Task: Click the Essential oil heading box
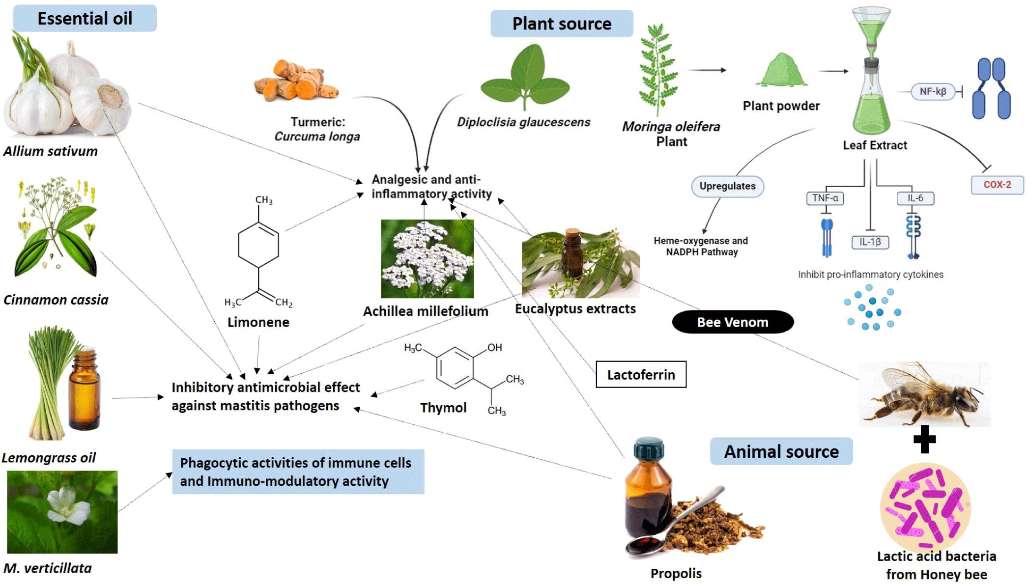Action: pyautogui.click(x=85, y=19)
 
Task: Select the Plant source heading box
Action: pyautogui.click(x=562, y=24)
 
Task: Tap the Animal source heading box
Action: pyautogui.click(x=781, y=451)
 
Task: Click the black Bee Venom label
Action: pyautogui.click(x=733, y=322)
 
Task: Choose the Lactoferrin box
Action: pyautogui.click(x=641, y=375)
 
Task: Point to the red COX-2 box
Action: pyautogui.click(x=997, y=185)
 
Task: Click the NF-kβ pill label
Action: pyautogui.click(x=933, y=91)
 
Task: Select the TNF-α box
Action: pyautogui.click(x=825, y=198)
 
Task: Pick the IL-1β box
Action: pyautogui.click(x=870, y=242)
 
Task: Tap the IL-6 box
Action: pyautogui.click(x=915, y=198)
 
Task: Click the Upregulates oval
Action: pyautogui.click(x=727, y=186)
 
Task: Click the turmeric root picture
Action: pyautogui.click(x=296, y=81)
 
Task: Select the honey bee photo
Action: pyautogui.click(x=924, y=394)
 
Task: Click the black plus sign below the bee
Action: pyautogui.click(x=924, y=439)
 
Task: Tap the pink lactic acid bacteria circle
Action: pyautogui.click(x=925, y=506)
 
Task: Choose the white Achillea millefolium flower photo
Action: pyautogui.click(x=427, y=259)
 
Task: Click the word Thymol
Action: pyautogui.click(x=443, y=408)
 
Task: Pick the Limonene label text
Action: pyautogui.click(x=258, y=322)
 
